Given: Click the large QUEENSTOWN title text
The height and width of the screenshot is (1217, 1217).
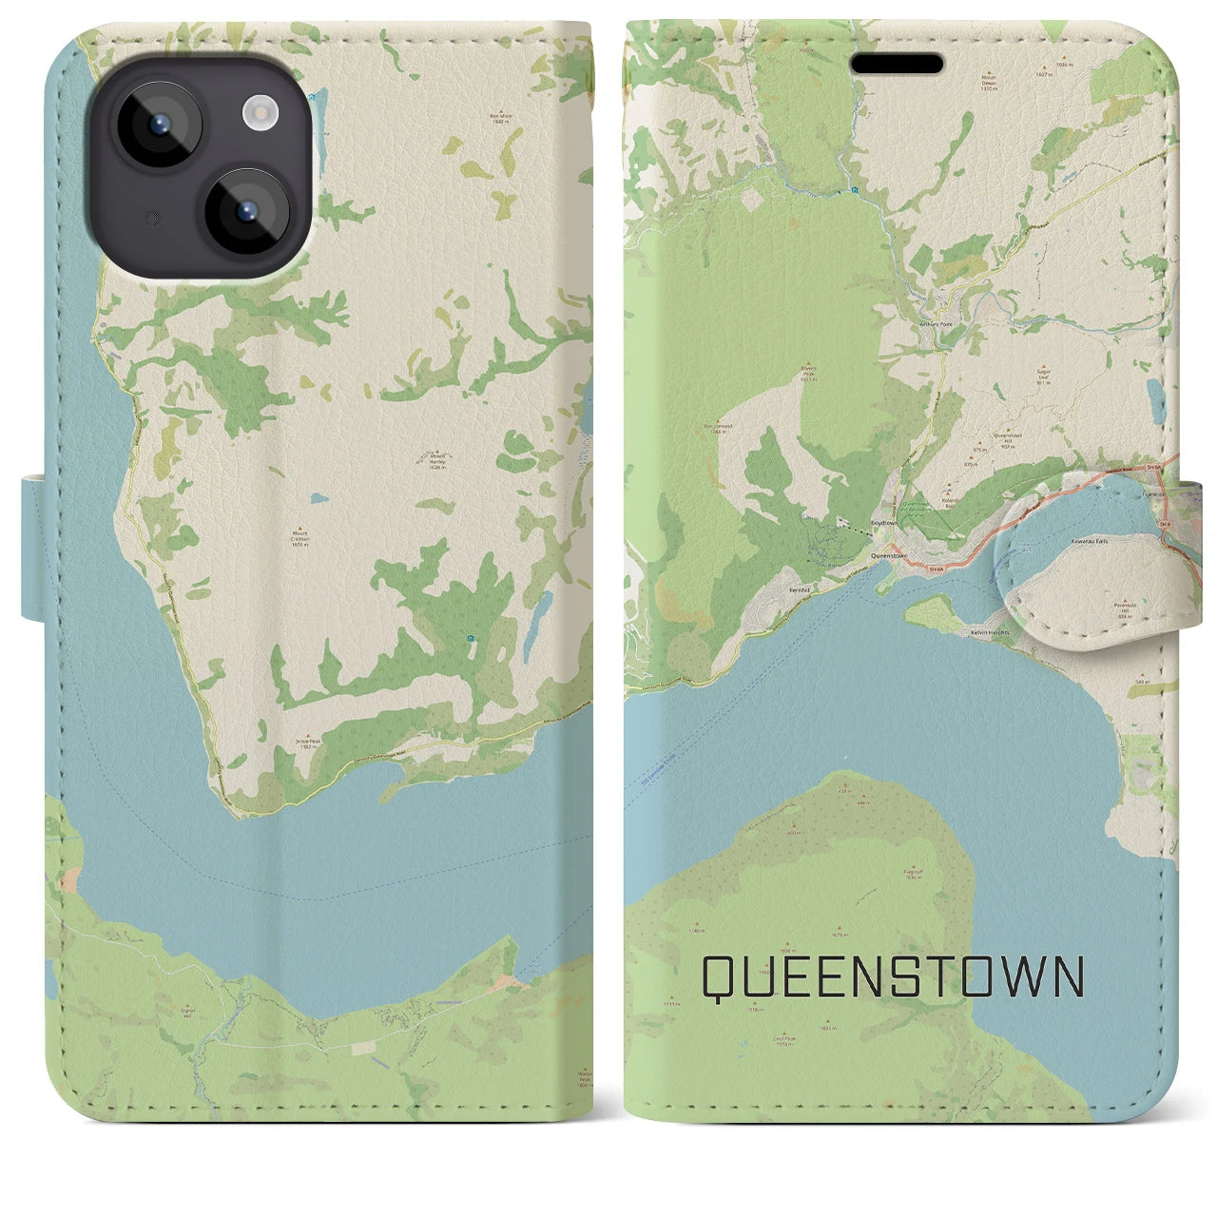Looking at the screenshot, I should (x=893, y=976).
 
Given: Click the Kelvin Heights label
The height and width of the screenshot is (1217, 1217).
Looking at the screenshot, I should (x=988, y=631).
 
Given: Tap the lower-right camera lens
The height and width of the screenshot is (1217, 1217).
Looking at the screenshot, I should (x=246, y=210).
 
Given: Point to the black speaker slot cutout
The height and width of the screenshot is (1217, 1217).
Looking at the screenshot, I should (x=897, y=64).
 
